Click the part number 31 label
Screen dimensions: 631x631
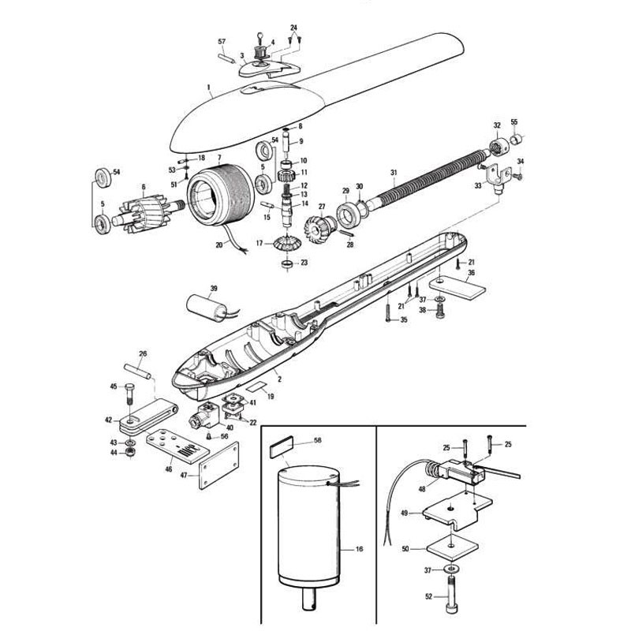pos(394,173)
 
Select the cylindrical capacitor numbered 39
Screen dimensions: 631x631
pos(207,308)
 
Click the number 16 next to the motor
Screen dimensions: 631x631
pos(360,549)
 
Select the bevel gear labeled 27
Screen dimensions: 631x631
pos(320,228)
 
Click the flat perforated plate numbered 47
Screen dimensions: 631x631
pos(219,465)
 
